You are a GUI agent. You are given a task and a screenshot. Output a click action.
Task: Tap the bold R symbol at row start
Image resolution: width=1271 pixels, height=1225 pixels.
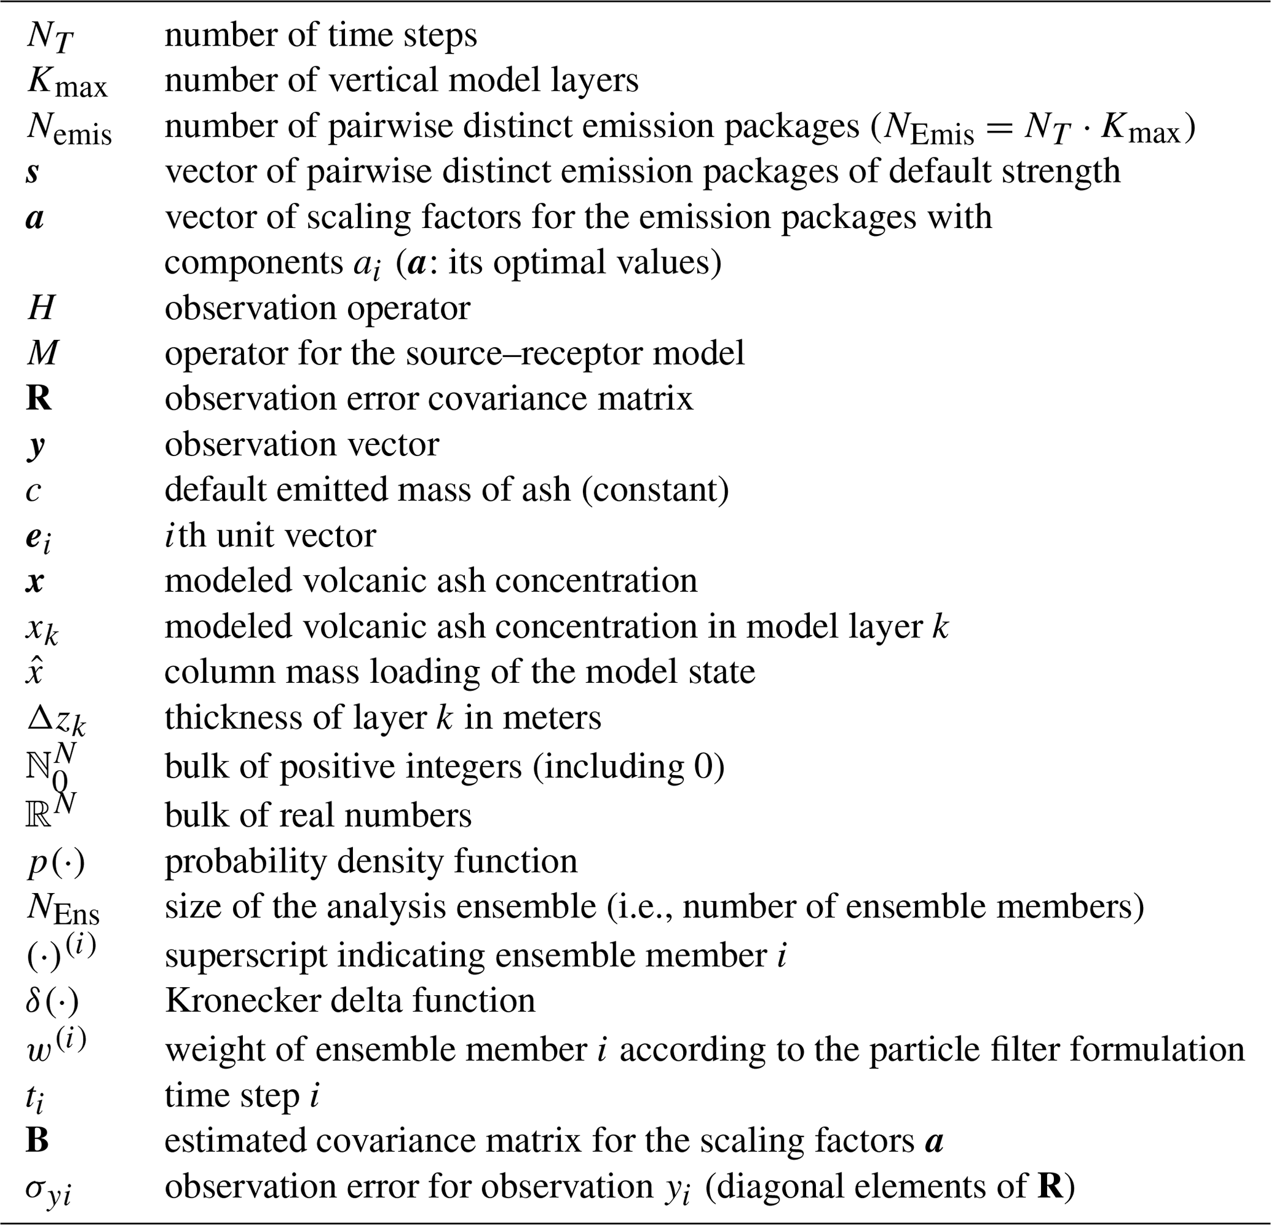coord(39,398)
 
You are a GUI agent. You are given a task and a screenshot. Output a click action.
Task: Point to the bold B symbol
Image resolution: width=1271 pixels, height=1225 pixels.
coord(38,1140)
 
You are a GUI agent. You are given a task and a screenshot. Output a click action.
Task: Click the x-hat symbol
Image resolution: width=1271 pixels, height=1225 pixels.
coord(34,671)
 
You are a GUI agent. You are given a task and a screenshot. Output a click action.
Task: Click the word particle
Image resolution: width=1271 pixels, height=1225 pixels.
coord(925,1049)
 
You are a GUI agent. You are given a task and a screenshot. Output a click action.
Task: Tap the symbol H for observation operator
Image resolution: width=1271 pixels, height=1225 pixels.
coord(41,308)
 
